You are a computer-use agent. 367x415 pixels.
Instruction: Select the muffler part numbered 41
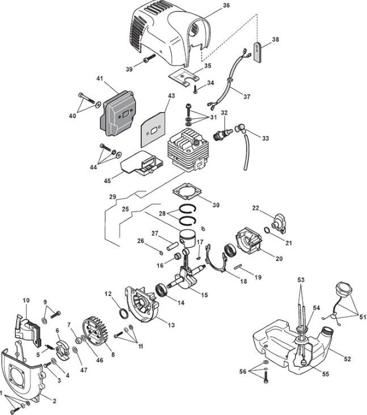coord(118,113)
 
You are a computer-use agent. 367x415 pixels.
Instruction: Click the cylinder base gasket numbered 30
coord(187,192)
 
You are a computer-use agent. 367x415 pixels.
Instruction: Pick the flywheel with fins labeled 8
coord(95,333)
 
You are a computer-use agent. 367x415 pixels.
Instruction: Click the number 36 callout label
coord(227,5)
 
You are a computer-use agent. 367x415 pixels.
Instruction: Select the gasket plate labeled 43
coord(153,129)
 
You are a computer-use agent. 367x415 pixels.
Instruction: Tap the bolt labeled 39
coord(149,59)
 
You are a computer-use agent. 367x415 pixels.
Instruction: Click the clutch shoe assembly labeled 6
coord(62,349)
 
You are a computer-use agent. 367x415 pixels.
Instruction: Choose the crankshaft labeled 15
coord(189,273)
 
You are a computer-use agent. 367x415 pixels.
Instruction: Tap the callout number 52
coord(347,359)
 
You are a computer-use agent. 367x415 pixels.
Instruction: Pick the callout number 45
coord(107,181)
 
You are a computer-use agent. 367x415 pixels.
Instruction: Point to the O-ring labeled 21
coord(267,230)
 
